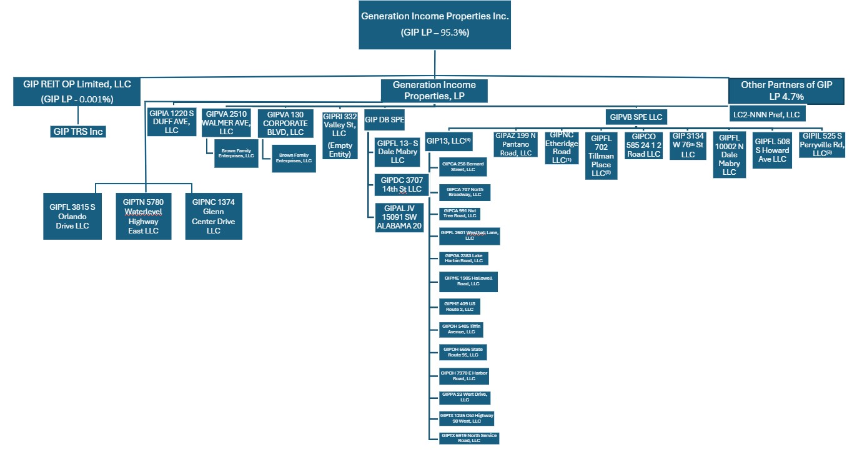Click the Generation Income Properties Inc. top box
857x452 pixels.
tap(435, 24)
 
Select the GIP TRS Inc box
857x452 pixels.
tap(78, 131)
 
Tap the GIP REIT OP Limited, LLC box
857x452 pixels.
tap(78, 91)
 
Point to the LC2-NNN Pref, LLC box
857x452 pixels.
tap(767, 114)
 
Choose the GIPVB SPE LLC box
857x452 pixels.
tap(636, 117)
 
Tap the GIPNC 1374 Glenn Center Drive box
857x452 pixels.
tap(214, 215)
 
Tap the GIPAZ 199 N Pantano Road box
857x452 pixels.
tap(515, 144)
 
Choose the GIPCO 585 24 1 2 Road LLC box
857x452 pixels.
tap(645, 145)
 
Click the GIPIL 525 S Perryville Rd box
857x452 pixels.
tap(822, 145)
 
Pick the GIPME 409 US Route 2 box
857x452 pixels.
tap(460, 307)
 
